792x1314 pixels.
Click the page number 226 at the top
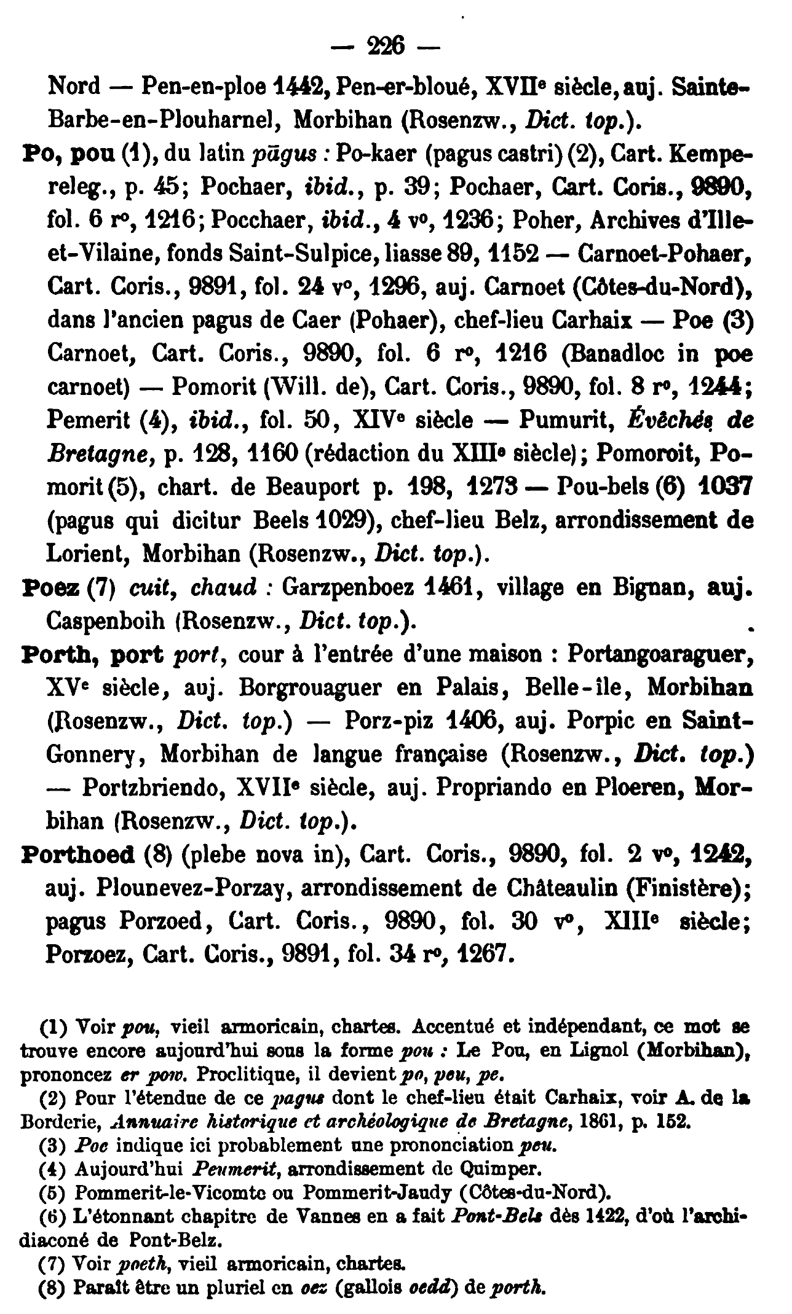click(385, 45)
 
